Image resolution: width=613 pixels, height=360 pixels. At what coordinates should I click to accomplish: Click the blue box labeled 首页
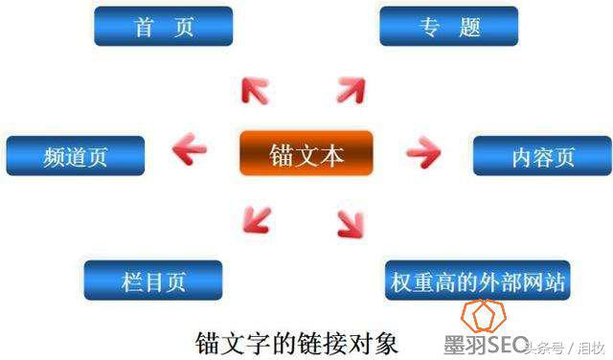click(x=165, y=26)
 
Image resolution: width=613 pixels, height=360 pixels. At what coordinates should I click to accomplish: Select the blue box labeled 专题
click(x=449, y=26)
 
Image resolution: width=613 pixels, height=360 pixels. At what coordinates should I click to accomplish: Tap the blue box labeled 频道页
click(x=76, y=155)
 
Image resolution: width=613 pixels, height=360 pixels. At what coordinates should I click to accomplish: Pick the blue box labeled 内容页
click(x=542, y=155)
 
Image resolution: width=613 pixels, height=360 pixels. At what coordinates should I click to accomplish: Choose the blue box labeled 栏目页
click(x=153, y=280)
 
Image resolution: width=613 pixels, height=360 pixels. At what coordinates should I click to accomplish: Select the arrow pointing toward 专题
click(x=351, y=91)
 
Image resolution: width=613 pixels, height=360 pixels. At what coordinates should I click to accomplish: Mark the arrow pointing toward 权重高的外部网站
click(x=350, y=223)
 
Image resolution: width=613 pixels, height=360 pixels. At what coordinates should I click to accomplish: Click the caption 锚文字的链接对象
click(x=296, y=341)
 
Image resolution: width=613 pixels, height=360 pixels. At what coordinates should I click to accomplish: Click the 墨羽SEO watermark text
click(x=486, y=345)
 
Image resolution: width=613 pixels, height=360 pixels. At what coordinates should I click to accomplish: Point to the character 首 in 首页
click(x=145, y=26)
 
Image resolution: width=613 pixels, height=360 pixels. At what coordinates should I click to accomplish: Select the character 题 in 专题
click(x=468, y=26)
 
